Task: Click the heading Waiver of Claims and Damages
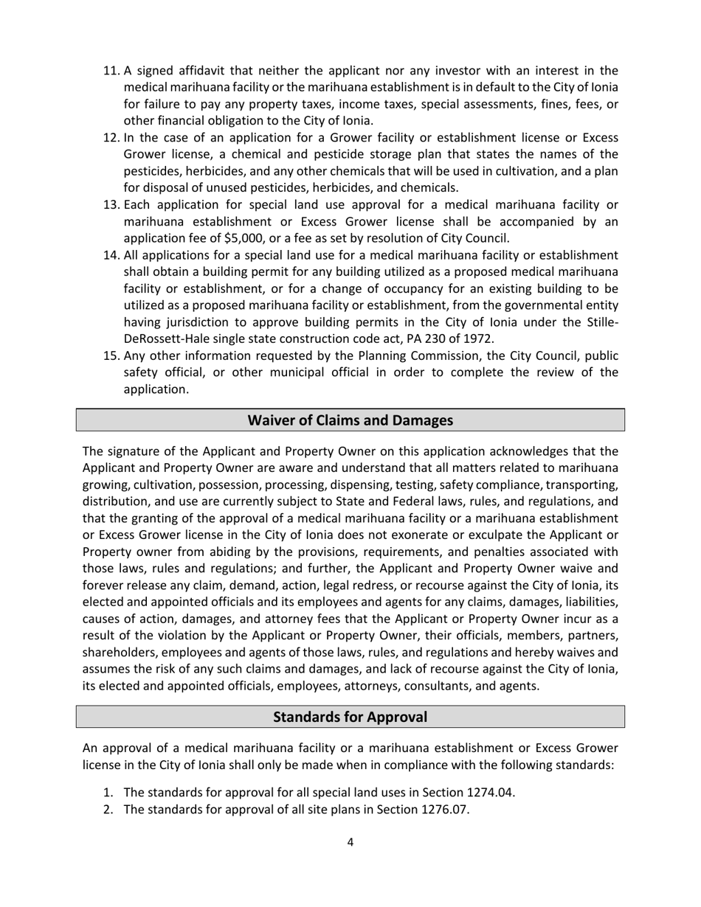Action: click(x=350, y=420)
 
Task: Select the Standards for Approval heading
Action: click(x=350, y=717)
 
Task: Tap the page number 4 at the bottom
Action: click(x=350, y=842)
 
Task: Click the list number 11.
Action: click(x=111, y=71)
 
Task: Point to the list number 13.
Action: click(x=111, y=204)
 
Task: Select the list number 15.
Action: click(x=111, y=356)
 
